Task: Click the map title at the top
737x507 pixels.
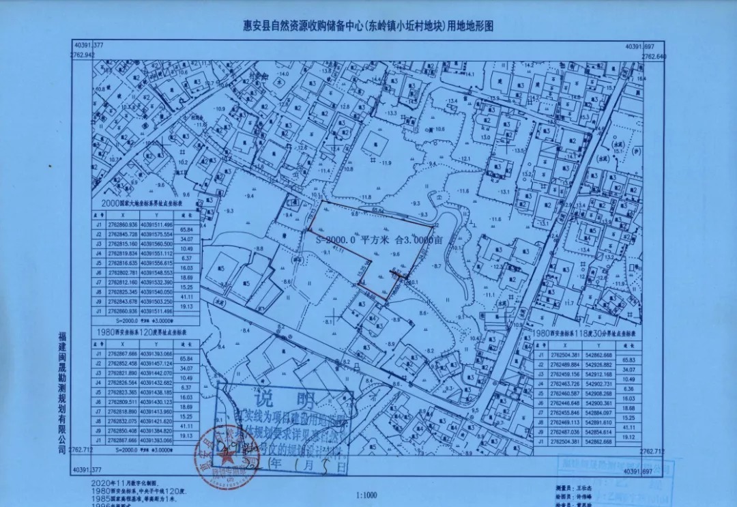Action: click(x=368, y=25)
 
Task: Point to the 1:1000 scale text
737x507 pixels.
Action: click(x=367, y=495)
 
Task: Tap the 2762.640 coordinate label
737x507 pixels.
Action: click(x=653, y=56)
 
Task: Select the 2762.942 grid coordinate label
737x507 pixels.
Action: click(x=82, y=55)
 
